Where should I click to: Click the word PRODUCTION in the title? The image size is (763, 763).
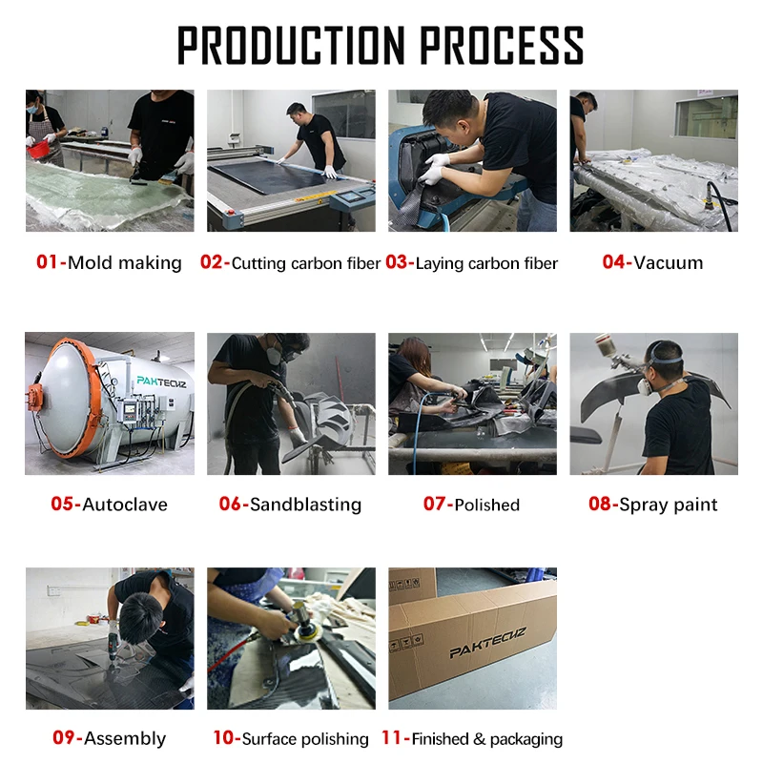[x=291, y=45]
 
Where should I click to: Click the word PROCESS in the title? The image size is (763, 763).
[x=502, y=45]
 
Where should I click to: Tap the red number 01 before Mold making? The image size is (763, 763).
[x=47, y=261]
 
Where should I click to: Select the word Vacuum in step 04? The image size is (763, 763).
[x=669, y=263]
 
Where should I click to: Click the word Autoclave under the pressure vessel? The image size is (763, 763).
[x=125, y=505]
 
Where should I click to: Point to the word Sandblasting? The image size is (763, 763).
[x=305, y=505]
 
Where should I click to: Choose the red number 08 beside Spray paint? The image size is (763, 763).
[x=600, y=504]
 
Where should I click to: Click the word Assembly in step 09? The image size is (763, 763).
[x=125, y=738]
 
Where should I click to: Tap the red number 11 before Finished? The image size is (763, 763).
[x=392, y=737]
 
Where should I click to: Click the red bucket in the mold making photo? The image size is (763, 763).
[x=39, y=149]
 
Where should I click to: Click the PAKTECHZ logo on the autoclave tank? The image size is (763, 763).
[x=161, y=381]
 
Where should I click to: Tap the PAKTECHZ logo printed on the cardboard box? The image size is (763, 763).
[x=487, y=642]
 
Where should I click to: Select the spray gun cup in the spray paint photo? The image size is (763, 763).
[x=603, y=344]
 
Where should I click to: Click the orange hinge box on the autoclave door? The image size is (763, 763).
[x=34, y=397]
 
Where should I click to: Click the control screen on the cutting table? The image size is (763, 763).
[x=352, y=196]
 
